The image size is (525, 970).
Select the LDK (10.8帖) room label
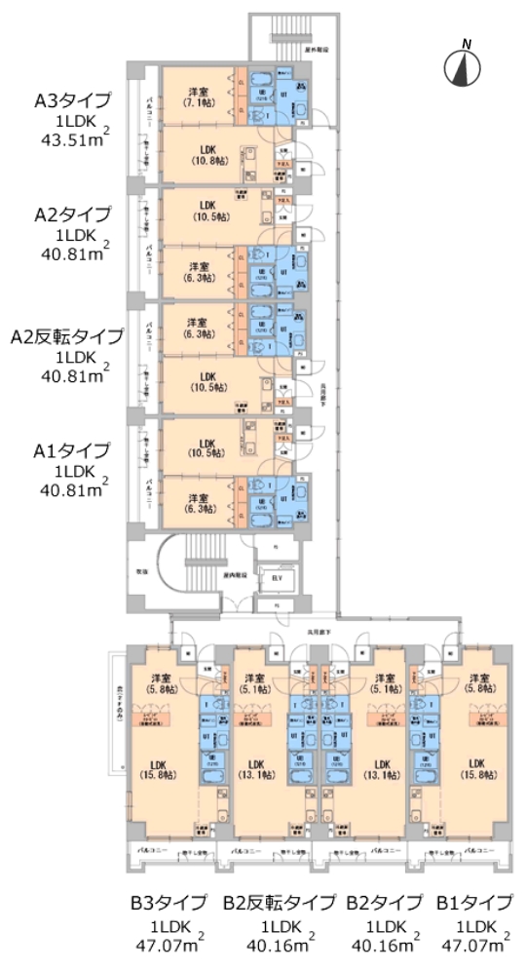[x=206, y=157]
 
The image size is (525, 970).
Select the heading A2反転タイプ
[x=67, y=336]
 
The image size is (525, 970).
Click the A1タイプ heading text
[x=72, y=450]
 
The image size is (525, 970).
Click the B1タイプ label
[x=474, y=902]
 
